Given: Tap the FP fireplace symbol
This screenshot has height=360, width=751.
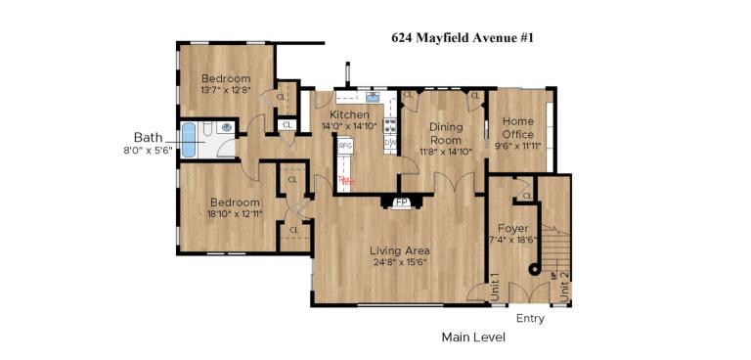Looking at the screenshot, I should pyautogui.click(x=401, y=203).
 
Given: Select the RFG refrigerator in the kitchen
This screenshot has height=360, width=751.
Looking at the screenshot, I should pyautogui.click(x=344, y=146).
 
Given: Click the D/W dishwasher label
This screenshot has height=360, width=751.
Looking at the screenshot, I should pyautogui.click(x=390, y=143).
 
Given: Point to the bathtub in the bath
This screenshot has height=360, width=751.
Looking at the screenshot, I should pyautogui.click(x=190, y=141).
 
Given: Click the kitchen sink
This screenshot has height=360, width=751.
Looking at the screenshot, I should pyautogui.click(x=373, y=97).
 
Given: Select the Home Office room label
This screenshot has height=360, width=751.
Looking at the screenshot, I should pyautogui.click(x=518, y=127).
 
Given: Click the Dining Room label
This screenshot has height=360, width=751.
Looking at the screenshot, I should pyautogui.click(x=446, y=133).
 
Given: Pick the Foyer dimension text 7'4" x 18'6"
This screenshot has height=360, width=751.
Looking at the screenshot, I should pyautogui.click(x=512, y=241).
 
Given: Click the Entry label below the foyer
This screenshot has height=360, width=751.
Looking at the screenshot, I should pyautogui.click(x=530, y=319).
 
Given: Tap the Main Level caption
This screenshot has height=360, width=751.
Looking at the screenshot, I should pyautogui.click(x=473, y=337).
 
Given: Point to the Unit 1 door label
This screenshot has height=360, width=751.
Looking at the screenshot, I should pyautogui.click(x=495, y=286).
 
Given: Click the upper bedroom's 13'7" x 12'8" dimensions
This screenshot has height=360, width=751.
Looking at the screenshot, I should pyautogui.click(x=226, y=91).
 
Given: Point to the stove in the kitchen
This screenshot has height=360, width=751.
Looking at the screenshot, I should pyautogui.click(x=390, y=125).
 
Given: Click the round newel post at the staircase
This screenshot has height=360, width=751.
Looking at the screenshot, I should pyautogui.click(x=535, y=269).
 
